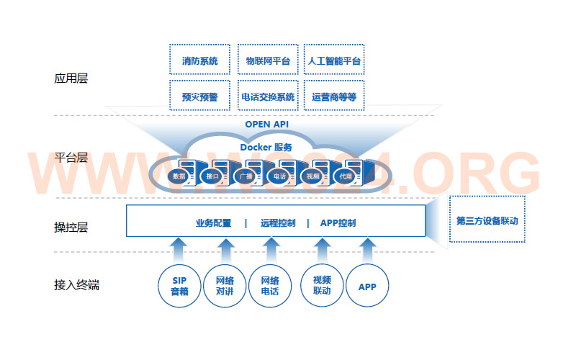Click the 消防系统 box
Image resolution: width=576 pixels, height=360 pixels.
(x=199, y=60)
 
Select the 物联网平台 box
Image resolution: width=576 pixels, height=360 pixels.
(x=268, y=60)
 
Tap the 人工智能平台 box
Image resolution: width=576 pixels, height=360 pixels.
(x=334, y=60)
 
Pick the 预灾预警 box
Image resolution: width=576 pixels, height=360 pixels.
(x=199, y=96)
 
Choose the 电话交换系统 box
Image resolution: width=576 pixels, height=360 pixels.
(x=268, y=96)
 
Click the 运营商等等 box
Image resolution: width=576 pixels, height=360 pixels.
(x=334, y=96)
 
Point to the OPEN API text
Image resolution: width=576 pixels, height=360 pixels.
(x=266, y=124)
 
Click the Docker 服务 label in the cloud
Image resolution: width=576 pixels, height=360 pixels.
(x=266, y=147)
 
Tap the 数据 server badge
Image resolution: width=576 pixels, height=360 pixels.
(x=179, y=176)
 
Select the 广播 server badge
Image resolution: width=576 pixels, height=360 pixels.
(x=245, y=176)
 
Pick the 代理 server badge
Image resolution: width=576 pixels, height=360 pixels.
(x=346, y=176)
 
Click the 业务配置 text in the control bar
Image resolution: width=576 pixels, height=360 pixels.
(x=213, y=222)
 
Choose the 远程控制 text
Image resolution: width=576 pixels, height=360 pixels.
(x=278, y=222)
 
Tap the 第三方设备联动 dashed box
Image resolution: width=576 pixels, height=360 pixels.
(x=487, y=220)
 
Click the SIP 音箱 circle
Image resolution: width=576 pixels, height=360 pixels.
(x=179, y=287)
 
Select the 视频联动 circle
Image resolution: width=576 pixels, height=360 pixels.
(x=322, y=287)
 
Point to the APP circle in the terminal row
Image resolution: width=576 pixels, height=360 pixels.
(x=367, y=287)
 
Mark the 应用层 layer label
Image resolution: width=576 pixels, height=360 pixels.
(x=71, y=78)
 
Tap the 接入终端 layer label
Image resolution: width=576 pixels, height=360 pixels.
(x=76, y=285)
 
